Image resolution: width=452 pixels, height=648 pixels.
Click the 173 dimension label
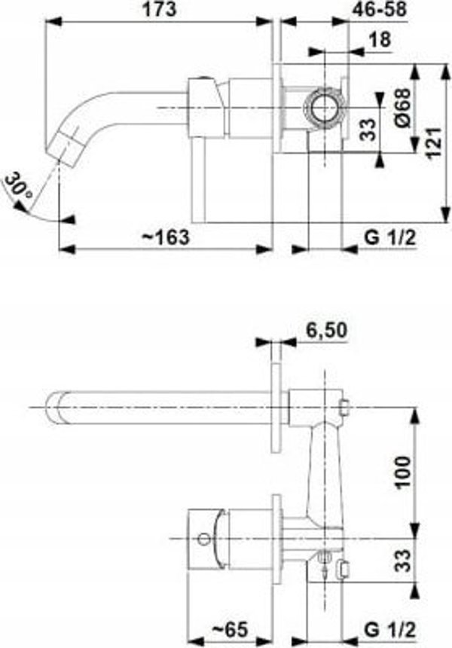click(160, 10)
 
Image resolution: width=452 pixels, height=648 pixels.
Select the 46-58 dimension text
click(379, 10)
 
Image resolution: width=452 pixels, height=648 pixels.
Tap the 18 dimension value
click(379, 40)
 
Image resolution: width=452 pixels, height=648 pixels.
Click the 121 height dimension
click(433, 142)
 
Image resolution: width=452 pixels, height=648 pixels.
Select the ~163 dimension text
click(166, 237)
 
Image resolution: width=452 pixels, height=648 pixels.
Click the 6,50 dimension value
click(326, 330)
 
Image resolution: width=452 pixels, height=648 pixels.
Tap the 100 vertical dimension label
click(403, 472)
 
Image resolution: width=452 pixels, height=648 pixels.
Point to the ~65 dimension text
click(230, 629)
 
